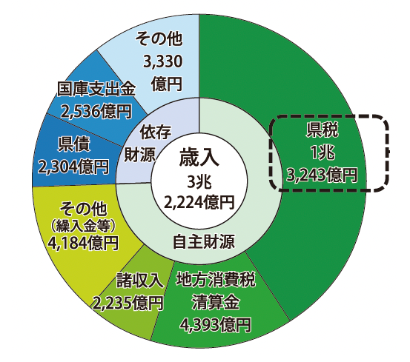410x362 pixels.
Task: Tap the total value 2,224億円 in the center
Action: (x=199, y=203)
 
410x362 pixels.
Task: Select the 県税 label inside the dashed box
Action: (x=323, y=130)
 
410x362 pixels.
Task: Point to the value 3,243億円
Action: (x=322, y=175)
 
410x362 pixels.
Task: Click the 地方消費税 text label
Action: (x=216, y=280)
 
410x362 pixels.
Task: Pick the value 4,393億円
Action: (x=216, y=325)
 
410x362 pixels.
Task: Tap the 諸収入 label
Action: (x=140, y=281)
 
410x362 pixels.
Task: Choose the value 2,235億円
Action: (x=128, y=304)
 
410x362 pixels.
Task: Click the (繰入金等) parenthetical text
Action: (x=83, y=227)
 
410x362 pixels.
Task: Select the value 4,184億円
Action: (x=83, y=244)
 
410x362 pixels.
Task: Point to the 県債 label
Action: (x=74, y=144)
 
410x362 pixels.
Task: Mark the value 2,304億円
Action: (x=73, y=167)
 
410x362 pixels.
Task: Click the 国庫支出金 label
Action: (x=96, y=89)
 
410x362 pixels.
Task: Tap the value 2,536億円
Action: (x=96, y=112)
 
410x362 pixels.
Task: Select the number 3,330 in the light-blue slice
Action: (x=162, y=62)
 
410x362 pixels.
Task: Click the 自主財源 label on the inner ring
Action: (x=204, y=241)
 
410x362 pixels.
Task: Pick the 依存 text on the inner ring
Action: (x=156, y=132)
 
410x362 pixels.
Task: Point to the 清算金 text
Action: (x=216, y=303)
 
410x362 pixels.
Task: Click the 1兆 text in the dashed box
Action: (x=322, y=152)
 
